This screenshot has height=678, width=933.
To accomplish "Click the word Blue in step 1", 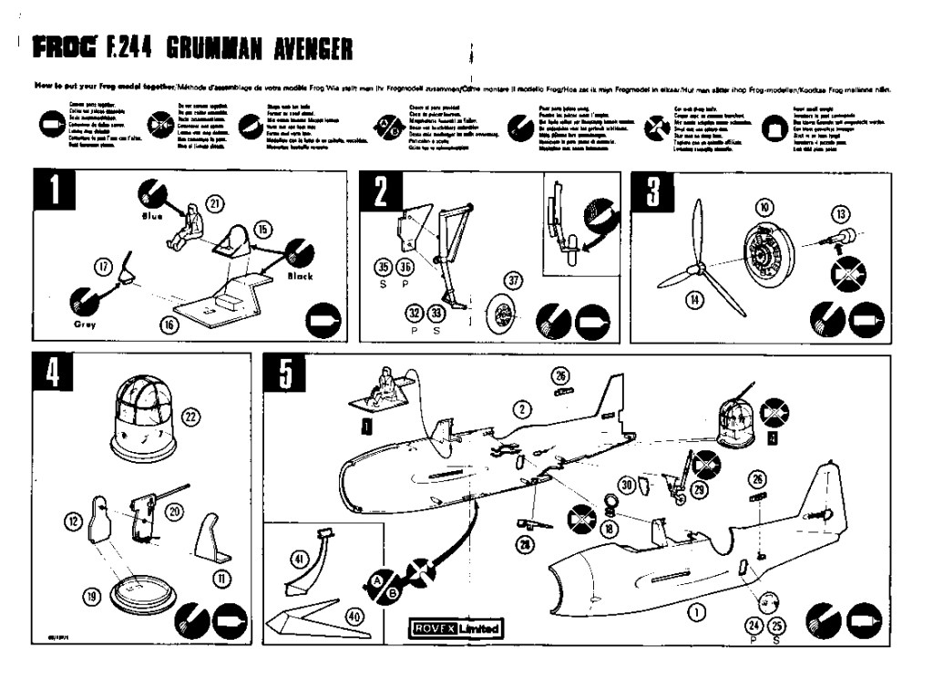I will [150, 218].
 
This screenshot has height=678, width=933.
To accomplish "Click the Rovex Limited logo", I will [456, 628].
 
